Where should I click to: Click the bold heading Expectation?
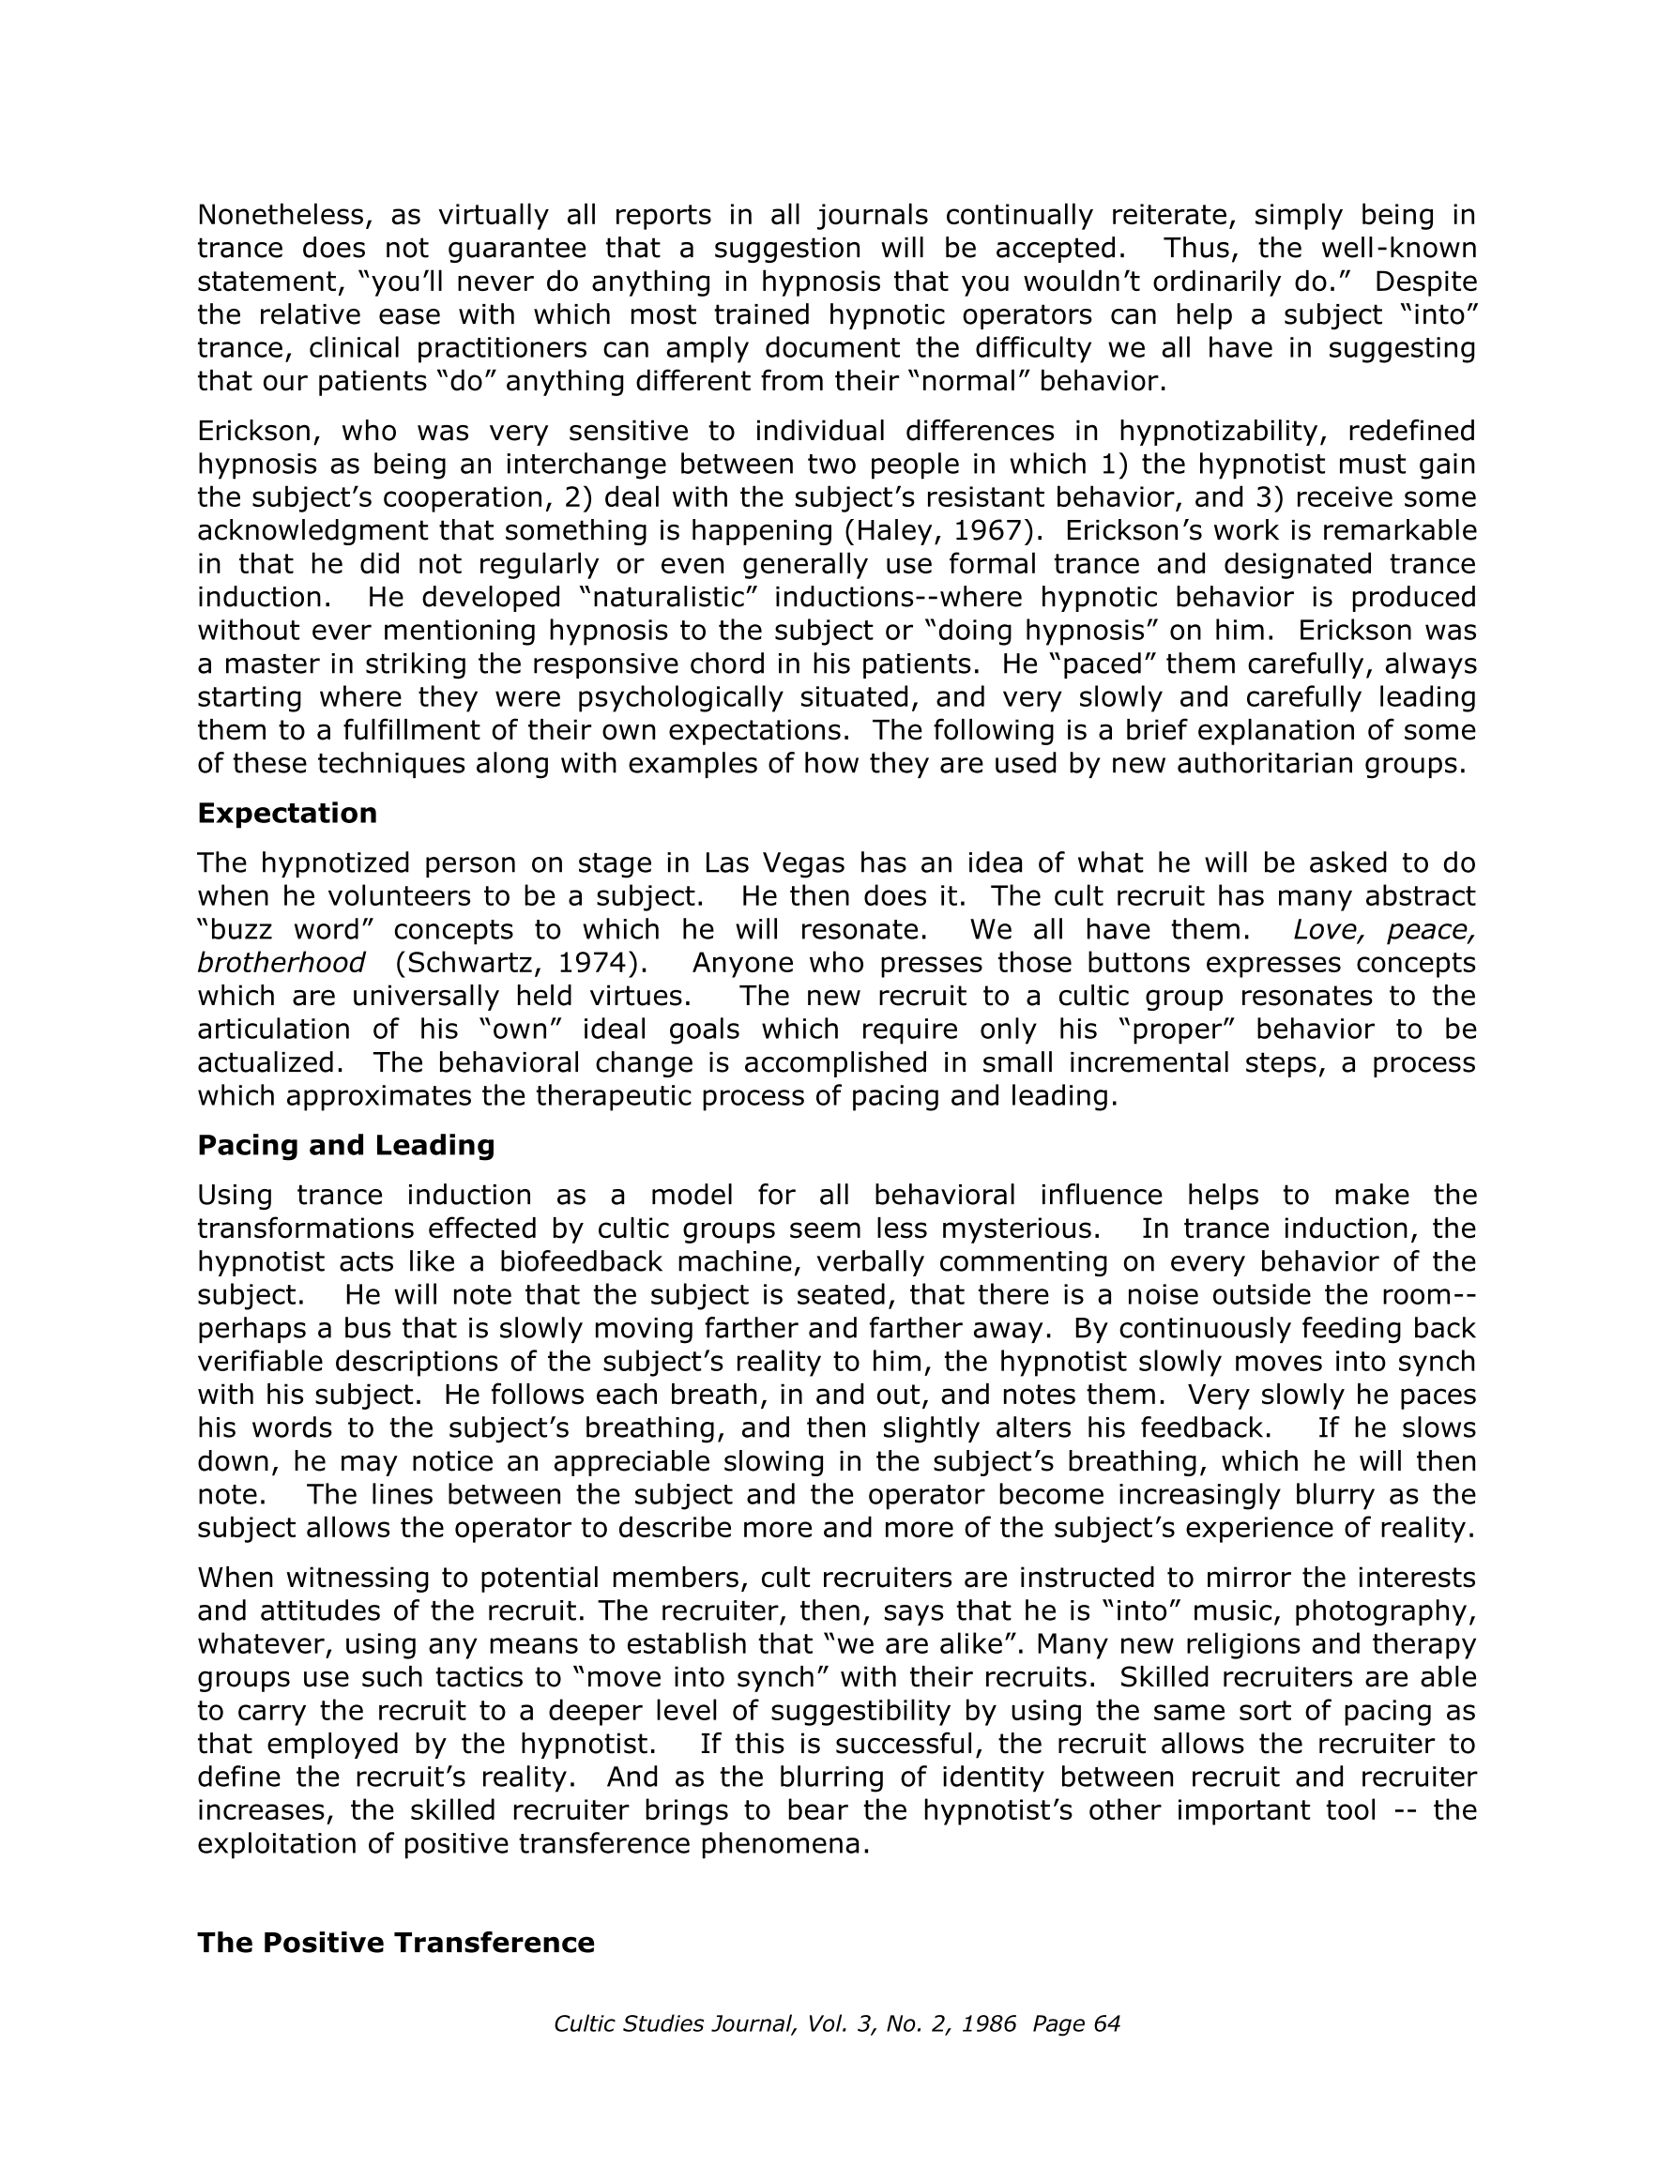tap(287, 813)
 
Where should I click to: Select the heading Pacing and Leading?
tap(345, 1145)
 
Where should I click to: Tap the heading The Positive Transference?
tap(396, 1942)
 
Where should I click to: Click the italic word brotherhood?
tap(281, 963)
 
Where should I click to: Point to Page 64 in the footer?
tap(1075, 2024)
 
